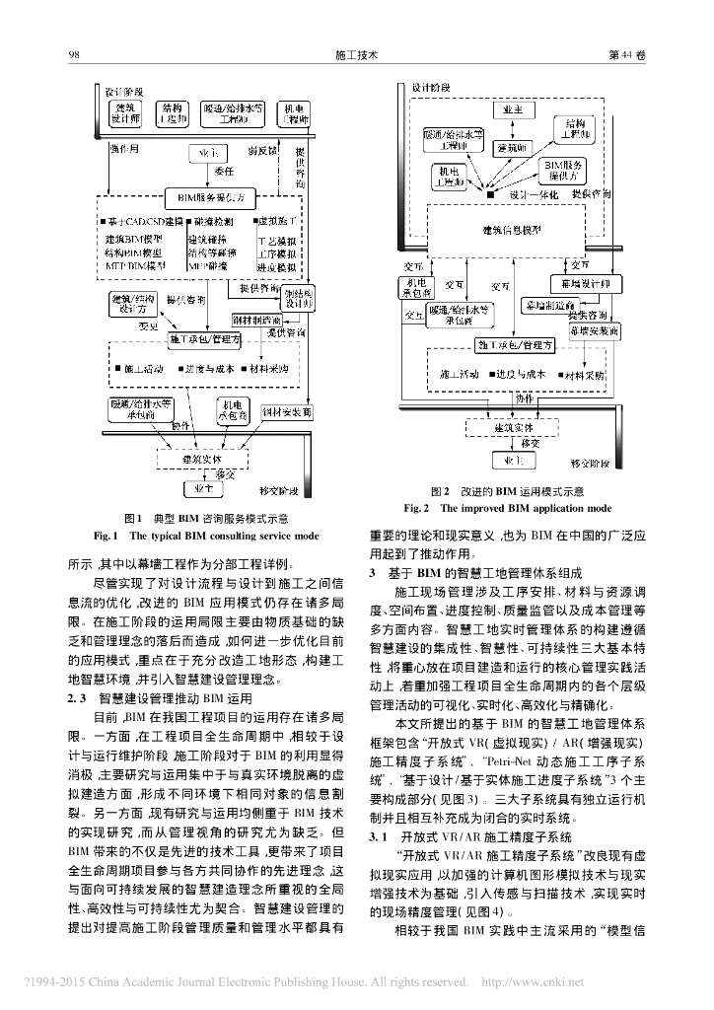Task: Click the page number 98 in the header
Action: tap(73, 57)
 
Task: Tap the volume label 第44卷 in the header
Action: tap(627, 57)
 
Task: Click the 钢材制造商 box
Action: tap(254, 321)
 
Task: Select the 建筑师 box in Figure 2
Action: tap(514, 148)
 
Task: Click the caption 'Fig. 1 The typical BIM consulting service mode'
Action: tap(206, 537)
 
